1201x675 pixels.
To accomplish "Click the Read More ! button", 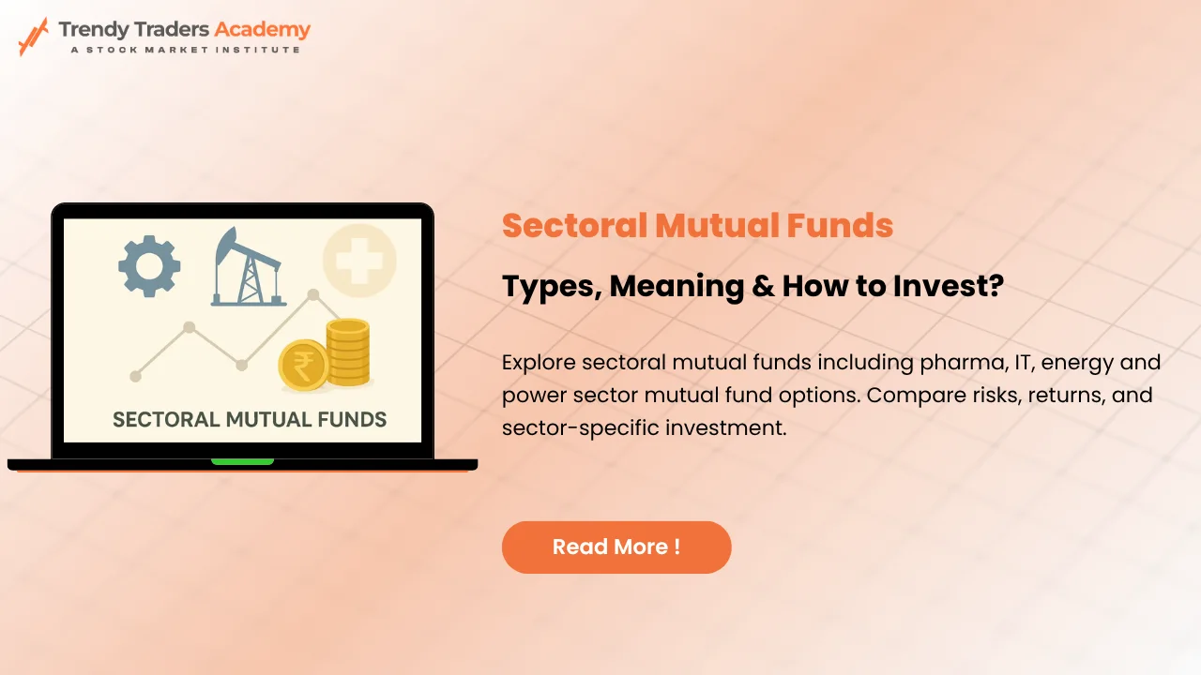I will [x=616, y=547].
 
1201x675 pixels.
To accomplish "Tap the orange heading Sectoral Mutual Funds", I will [x=697, y=226].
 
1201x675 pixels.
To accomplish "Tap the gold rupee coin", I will [x=304, y=366].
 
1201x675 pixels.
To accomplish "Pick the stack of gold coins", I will [x=348, y=352].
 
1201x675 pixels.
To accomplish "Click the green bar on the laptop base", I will [x=242, y=461].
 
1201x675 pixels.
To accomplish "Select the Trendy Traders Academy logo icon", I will [x=33, y=37].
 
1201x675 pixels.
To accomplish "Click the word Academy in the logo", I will [x=262, y=29].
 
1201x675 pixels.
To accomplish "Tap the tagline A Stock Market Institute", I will [x=185, y=49].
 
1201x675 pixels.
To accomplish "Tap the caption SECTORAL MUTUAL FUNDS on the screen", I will [x=250, y=419].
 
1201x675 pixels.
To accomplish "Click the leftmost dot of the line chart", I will [x=136, y=376].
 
